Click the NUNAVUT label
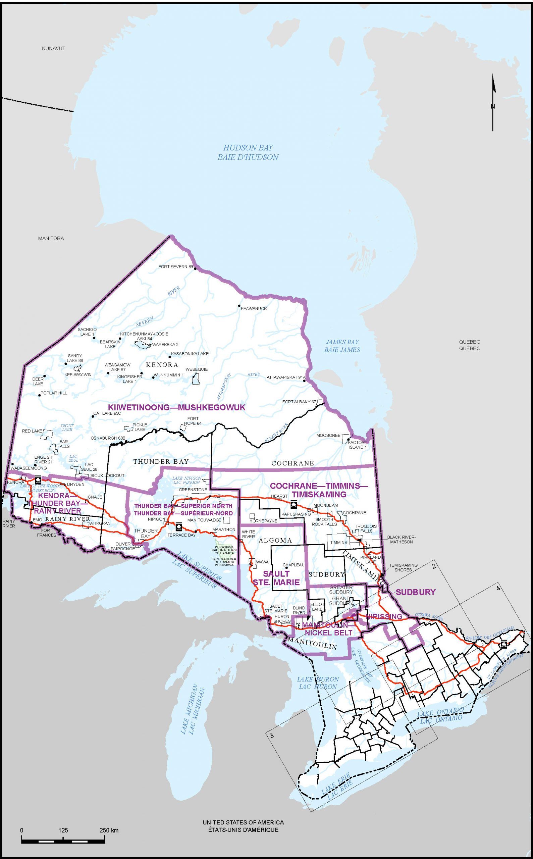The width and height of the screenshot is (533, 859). [54, 48]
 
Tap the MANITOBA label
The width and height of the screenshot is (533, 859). [51, 238]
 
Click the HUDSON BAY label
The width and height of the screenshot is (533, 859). [248, 152]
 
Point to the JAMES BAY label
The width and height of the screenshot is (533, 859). [342, 346]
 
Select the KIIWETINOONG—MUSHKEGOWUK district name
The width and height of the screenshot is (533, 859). [174, 408]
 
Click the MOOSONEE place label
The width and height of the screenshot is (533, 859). [328, 436]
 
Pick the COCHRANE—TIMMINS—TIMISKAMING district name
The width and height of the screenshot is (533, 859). [319, 490]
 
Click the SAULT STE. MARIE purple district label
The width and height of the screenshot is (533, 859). [276, 578]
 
